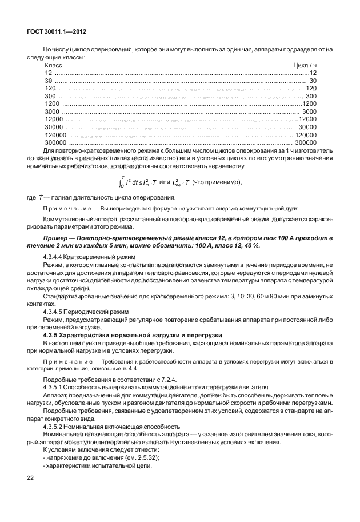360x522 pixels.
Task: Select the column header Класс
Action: [x=53, y=65]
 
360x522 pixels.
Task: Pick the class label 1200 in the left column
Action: [x=53, y=103]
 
